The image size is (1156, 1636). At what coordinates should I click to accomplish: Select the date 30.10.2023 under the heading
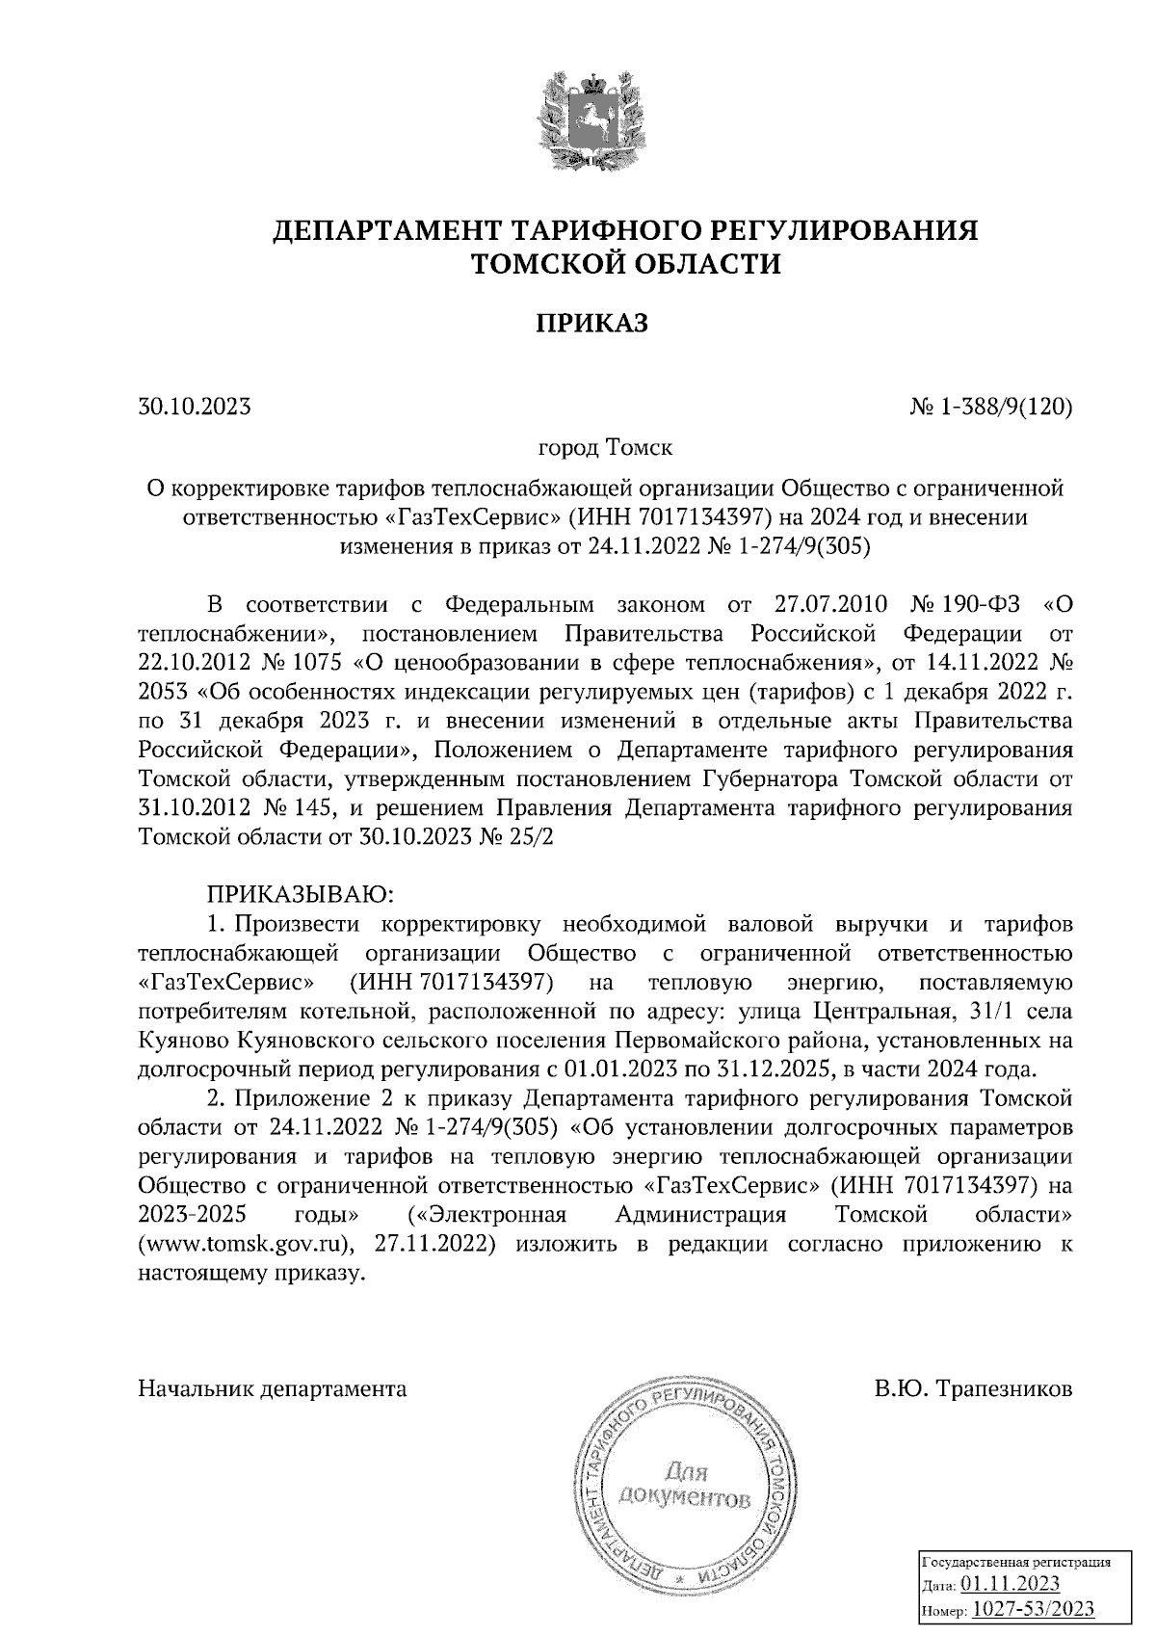point(195,407)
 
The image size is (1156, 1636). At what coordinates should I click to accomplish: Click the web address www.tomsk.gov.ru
point(247,1243)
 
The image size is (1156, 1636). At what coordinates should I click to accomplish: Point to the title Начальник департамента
point(273,1389)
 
